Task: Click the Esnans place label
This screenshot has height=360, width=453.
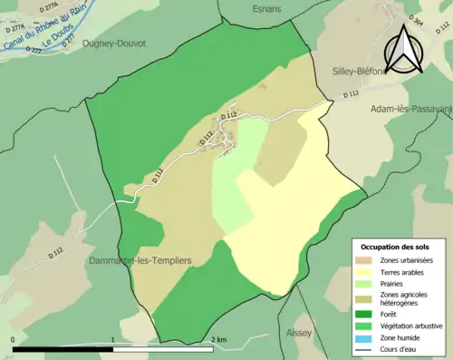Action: tap(264, 9)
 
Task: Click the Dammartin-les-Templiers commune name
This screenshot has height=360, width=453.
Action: tap(140, 260)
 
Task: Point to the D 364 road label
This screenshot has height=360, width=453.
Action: tap(416, 19)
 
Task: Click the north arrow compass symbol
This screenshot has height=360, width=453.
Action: tap(404, 49)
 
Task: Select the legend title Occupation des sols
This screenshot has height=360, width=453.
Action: tap(395, 247)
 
